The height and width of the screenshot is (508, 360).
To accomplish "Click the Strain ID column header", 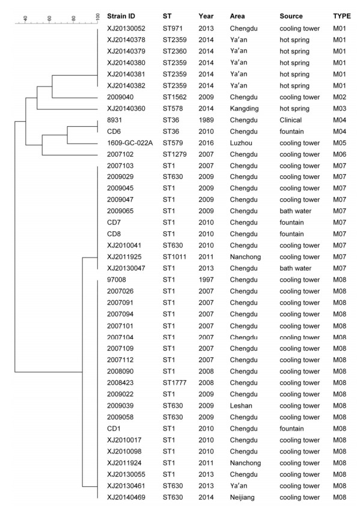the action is [x=121, y=16].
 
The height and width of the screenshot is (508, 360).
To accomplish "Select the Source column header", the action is [x=291, y=16].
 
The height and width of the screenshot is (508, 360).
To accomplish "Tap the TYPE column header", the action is [x=342, y=16].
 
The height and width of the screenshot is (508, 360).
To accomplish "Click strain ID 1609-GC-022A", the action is [x=130, y=143].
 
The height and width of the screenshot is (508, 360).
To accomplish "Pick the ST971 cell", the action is [x=172, y=28].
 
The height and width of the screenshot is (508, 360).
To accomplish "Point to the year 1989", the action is [x=206, y=120].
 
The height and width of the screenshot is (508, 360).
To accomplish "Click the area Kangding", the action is [x=244, y=109].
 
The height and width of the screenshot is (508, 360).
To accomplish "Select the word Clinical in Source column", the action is [x=291, y=120].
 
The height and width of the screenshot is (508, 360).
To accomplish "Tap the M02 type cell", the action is [x=340, y=97].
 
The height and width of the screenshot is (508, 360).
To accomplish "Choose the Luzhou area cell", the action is [x=241, y=143].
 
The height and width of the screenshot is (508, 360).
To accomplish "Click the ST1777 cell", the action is [x=174, y=383].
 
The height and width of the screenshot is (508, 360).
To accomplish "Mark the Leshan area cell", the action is [x=241, y=406].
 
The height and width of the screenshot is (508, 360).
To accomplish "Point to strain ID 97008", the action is [x=117, y=280].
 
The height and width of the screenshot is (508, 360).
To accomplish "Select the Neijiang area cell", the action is [x=242, y=497].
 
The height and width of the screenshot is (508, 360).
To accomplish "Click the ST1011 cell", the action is [x=174, y=257].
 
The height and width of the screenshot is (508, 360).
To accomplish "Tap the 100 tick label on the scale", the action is [x=98, y=17].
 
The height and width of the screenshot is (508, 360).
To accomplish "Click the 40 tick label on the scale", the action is [x=25, y=18].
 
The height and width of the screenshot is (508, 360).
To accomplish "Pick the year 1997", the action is [x=206, y=280].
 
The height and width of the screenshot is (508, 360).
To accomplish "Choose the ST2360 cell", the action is [x=174, y=51].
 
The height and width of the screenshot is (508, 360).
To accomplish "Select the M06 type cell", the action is [x=340, y=154].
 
